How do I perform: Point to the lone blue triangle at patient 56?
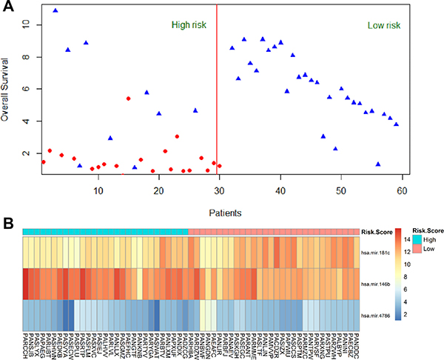tap(378, 164)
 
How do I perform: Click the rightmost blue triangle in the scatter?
tap(396, 124)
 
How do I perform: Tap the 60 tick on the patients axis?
tap(401, 191)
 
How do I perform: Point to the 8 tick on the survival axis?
tap(27, 56)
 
